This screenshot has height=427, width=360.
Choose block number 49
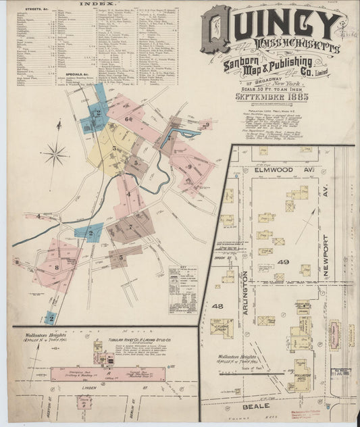[x=283, y=261]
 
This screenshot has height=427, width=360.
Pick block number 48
[x=217, y=306]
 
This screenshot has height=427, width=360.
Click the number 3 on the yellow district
[x=113, y=145]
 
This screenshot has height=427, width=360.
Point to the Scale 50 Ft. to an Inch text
[x=282, y=84]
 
